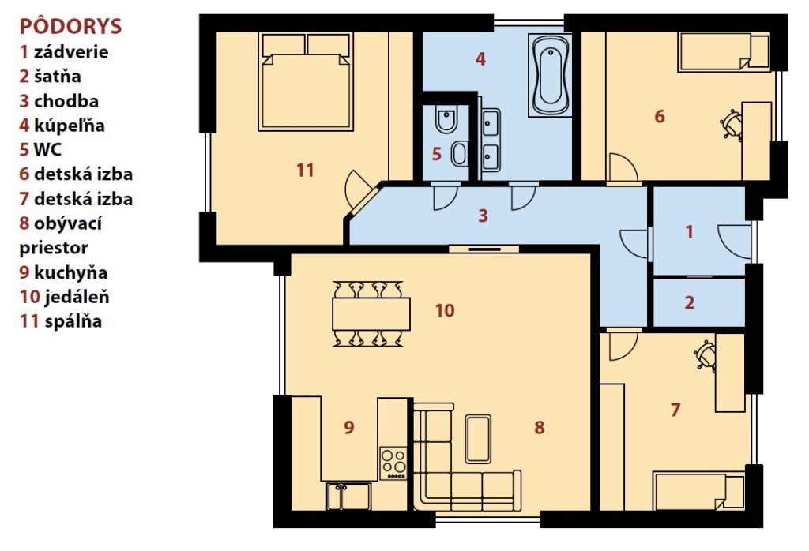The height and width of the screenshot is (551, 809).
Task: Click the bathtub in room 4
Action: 550,75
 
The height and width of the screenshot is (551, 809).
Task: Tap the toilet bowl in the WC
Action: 446,120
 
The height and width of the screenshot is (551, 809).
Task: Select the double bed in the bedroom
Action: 306,82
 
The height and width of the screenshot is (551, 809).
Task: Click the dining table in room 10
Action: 371,313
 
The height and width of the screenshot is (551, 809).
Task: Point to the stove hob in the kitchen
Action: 393,463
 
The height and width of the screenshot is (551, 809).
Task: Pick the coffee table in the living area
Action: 478,439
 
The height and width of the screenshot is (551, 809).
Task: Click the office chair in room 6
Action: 731,124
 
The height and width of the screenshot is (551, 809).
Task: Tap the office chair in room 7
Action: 706,355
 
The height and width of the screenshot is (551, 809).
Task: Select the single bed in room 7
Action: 698,490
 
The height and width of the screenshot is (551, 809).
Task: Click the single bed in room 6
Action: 724,51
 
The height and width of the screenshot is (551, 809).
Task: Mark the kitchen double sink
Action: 348,496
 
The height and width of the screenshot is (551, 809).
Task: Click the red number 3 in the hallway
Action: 483,216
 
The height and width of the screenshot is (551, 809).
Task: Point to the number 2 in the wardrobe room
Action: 689,302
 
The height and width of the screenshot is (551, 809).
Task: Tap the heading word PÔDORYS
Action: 70,26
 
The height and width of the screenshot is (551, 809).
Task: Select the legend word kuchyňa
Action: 70,272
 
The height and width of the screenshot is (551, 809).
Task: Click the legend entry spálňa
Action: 73,321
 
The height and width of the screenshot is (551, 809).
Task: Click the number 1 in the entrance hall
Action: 689,232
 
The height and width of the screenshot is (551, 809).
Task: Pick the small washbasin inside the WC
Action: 459,154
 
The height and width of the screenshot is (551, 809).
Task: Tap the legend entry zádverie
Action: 71,51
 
